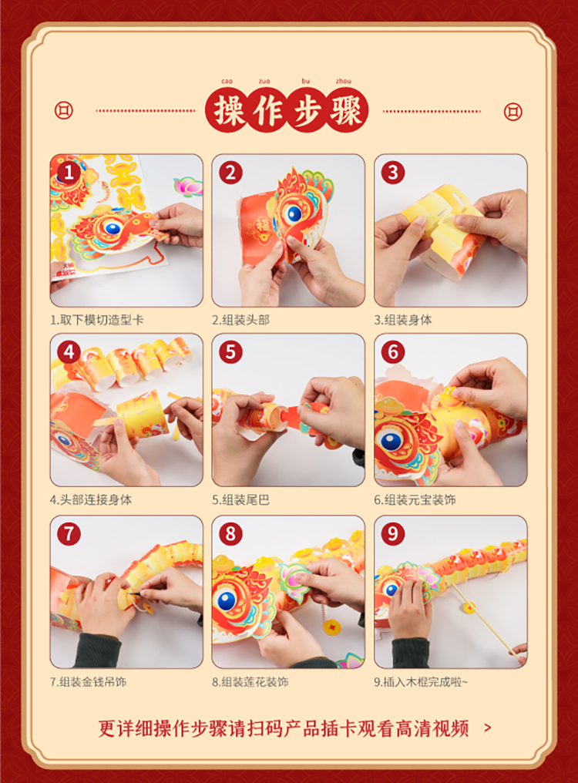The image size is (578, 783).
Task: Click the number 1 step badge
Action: point(69,173)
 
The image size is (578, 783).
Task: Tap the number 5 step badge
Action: point(230,352)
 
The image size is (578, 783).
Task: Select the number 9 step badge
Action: point(393,534)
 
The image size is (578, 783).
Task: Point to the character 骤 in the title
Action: point(345,110)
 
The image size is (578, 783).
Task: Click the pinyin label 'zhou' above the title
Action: point(343,81)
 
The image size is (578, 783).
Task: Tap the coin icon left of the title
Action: point(63,110)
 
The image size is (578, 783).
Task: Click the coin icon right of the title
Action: point(512,111)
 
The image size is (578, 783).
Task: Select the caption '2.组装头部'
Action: point(240,320)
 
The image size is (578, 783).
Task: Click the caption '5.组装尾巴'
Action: point(240,500)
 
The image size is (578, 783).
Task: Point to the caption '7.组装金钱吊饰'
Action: point(89,681)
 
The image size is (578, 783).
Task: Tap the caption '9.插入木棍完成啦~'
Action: point(421,681)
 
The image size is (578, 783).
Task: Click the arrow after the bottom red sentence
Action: point(488,728)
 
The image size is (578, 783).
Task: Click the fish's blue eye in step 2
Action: point(294,213)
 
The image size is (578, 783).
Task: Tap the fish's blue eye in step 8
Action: point(227,600)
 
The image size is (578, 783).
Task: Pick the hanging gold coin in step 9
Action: point(469,607)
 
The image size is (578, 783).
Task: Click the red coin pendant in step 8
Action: point(331,627)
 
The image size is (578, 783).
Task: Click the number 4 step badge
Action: point(69,352)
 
